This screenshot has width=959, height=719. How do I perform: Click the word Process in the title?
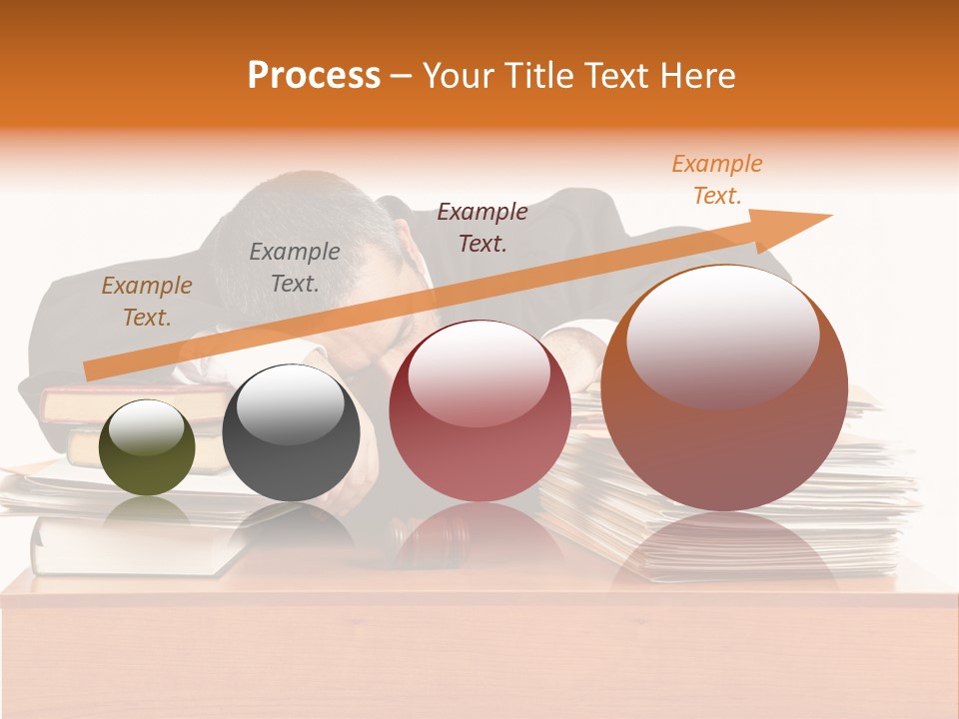(314, 75)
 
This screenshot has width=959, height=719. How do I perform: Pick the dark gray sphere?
(291, 432)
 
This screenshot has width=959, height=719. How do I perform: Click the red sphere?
(479, 410)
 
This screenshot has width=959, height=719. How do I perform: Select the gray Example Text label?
(294, 268)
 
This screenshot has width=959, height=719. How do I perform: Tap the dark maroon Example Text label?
(482, 228)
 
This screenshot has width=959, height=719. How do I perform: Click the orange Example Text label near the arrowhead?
(717, 180)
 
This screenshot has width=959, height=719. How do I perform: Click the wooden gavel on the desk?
(425, 539)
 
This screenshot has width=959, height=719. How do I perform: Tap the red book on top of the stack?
(110, 401)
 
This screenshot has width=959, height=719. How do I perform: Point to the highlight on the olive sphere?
(146, 430)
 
